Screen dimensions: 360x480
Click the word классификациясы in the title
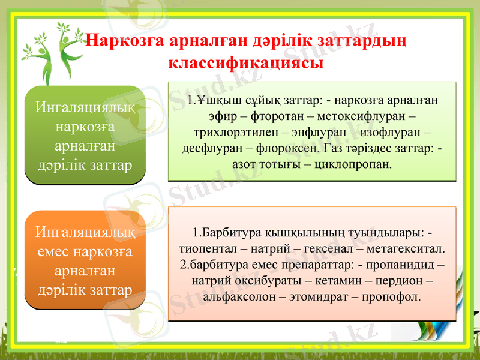click(x=247, y=62)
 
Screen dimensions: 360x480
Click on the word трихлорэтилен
click(x=230, y=132)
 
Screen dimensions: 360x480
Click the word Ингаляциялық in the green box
click(x=85, y=109)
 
